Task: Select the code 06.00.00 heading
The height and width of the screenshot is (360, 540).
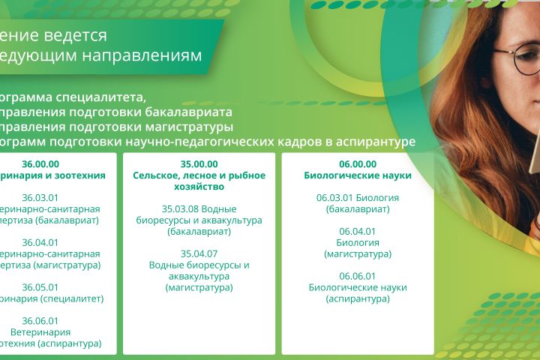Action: pyautogui.click(x=358, y=164)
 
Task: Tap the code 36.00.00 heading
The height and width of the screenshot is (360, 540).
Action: pyautogui.click(x=40, y=164)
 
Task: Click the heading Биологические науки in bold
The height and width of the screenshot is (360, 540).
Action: pyautogui.click(x=358, y=175)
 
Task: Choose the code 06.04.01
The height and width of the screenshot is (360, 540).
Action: pyautogui.click(x=358, y=231)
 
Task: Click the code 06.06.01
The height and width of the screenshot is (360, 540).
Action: pyautogui.click(x=358, y=276)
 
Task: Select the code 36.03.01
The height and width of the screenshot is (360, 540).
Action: pyautogui.click(x=40, y=198)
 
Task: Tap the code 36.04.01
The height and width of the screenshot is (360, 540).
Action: pyautogui.click(x=40, y=242)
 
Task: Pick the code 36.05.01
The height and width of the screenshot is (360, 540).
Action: pyautogui.click(x=40, y=287)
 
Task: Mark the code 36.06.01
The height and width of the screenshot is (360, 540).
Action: pyautogui.click(x=40, y=321)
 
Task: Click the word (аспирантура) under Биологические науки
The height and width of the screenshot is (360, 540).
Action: pyautogui.click(x=358, y=298)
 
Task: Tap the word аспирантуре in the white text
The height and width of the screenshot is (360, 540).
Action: pyautogui.click(x=370, y=142)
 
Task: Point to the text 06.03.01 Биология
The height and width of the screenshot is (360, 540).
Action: pyautogui.click(x=358, y=198)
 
